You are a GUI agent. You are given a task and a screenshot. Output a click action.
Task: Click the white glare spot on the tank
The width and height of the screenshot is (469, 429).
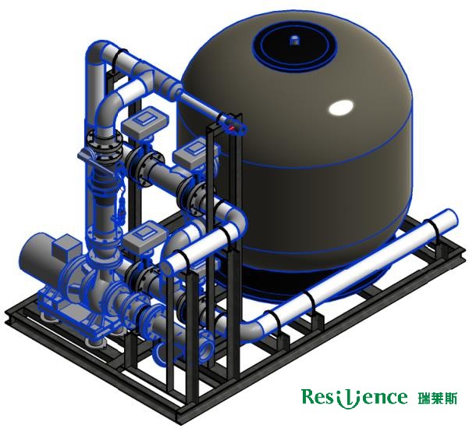click(x=341, y=107)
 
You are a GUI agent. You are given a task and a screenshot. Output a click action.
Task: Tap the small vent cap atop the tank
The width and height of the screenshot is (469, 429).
click(x=295, y=40)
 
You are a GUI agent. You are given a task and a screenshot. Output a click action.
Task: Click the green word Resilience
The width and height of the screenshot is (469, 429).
click(x=354, y=397)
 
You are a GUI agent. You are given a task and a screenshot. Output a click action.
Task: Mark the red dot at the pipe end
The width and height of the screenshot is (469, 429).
click(x=232, y=127)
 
